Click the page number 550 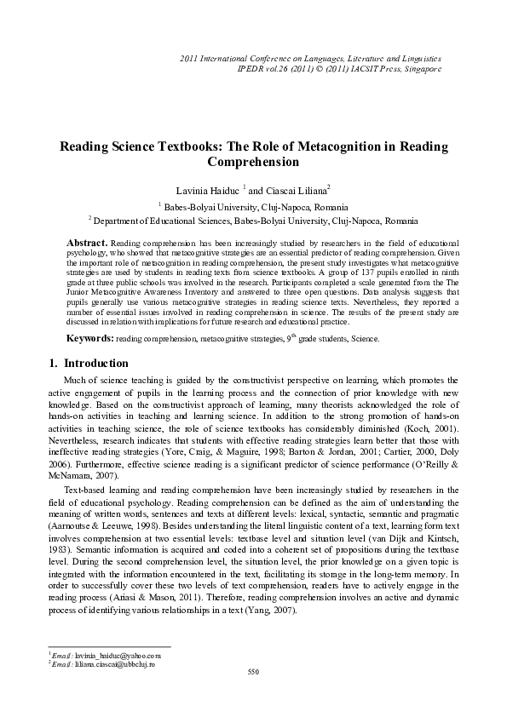tap(252, 673)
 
